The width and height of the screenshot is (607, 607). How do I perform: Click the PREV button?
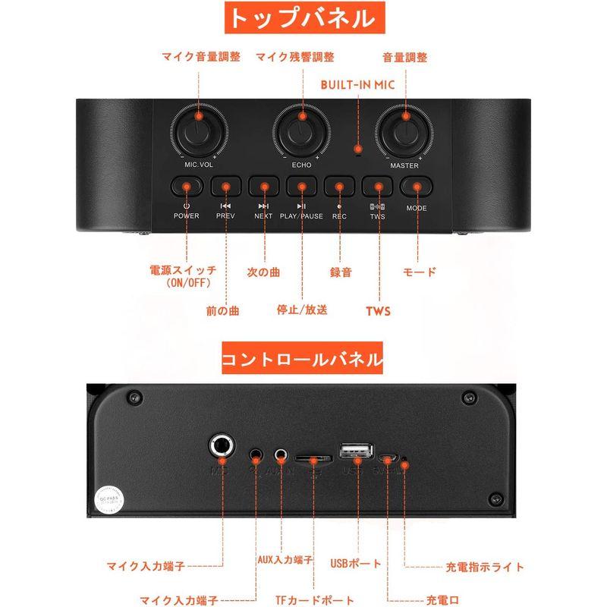tap(225, 186)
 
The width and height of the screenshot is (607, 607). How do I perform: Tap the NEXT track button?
tap(263, 186)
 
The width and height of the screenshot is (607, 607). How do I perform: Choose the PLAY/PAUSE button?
tap(301, 186)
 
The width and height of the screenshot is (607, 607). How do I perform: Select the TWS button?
tap(377, 186)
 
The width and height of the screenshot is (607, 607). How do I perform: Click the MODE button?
tap(416, 186)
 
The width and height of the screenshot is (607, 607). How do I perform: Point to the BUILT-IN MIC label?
tap(358, 84)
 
